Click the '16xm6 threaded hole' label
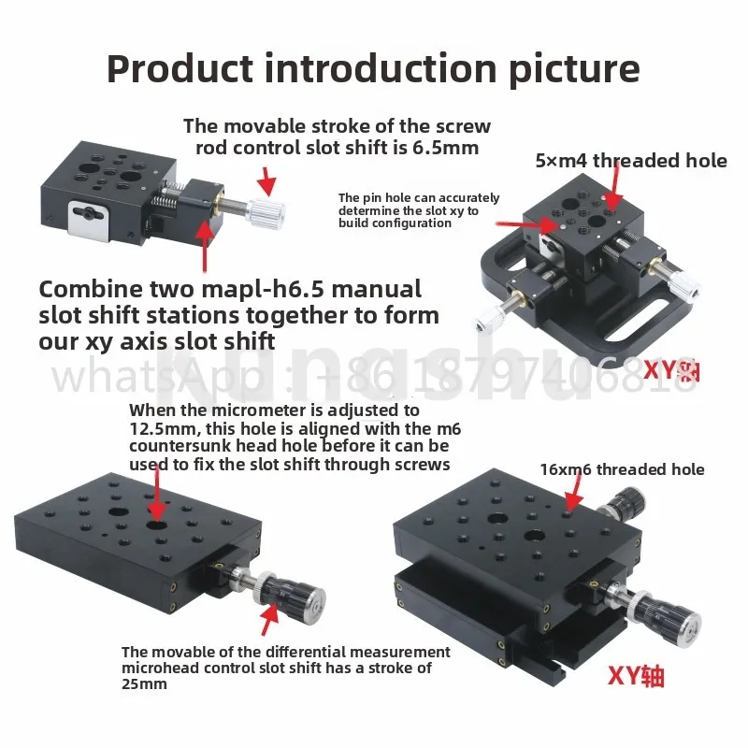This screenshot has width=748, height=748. point(623,469)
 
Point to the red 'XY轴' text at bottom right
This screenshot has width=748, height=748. point(636,676)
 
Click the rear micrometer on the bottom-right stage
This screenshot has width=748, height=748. point(619,507)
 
